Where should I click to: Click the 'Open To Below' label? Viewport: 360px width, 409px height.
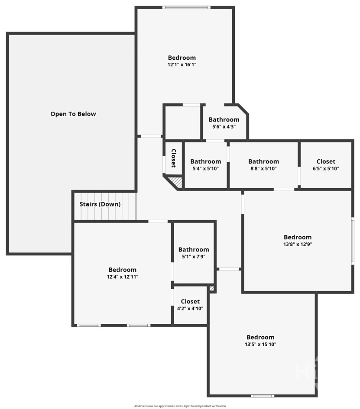(x=73, y=114)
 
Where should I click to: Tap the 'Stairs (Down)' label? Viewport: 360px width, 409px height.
(x=100, y=204)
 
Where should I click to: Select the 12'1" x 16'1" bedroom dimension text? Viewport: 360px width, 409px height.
(x=182, y=64)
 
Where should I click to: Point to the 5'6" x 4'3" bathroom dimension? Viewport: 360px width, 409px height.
(x=224, y=126)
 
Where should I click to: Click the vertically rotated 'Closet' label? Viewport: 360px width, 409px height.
(x=174, y=158)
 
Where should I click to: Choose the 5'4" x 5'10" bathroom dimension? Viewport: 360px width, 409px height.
(x=206, y=168)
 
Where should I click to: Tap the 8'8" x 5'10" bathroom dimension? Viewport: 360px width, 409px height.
(x=263, y=168)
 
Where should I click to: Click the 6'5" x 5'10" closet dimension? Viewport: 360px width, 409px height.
(x=326, y=168)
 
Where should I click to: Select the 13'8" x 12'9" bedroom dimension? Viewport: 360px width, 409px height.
(x=298, y=245)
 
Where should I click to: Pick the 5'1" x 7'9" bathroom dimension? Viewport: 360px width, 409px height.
(x=194, y=257)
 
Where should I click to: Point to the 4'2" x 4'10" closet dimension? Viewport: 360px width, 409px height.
(x=190, y=309)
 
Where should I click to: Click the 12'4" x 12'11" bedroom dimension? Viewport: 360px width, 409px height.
(x=123, y=277)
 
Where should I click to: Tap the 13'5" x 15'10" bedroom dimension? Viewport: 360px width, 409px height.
(x=260, y=345)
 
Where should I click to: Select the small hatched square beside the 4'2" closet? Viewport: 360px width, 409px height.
(x=212, y=289)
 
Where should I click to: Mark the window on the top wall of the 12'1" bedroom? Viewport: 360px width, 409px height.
(x=186, y=7)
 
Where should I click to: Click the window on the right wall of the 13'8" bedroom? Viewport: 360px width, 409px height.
(x=353, y=241)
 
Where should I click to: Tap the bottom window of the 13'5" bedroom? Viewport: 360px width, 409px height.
(x=263, y=396)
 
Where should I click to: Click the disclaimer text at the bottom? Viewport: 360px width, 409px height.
(x=180, y=406)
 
